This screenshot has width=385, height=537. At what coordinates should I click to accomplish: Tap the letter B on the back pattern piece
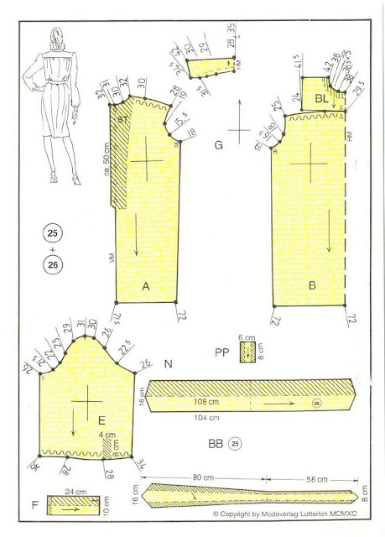click(x=311, y=287)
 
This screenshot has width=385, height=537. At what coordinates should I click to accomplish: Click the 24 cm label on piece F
click(x=70, y=493)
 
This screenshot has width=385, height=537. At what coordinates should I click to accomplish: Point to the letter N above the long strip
click(x=169, y=365)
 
